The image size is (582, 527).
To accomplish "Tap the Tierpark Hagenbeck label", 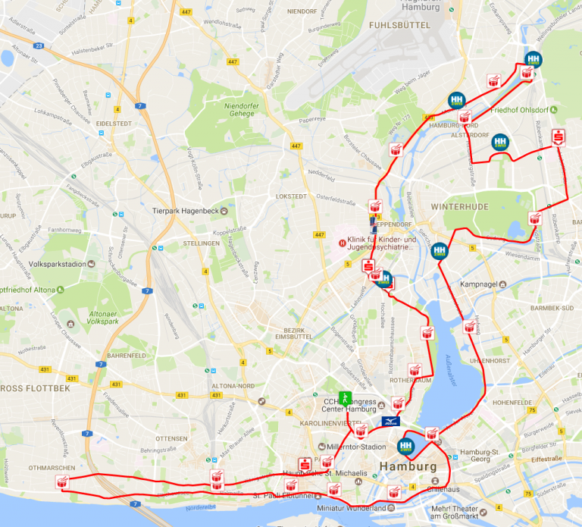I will coord(186,211).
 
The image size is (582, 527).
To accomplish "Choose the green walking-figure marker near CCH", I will coord(345,397).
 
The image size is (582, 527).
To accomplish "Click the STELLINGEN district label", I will coord(201,243).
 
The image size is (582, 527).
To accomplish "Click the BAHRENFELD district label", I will coord(126,355).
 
